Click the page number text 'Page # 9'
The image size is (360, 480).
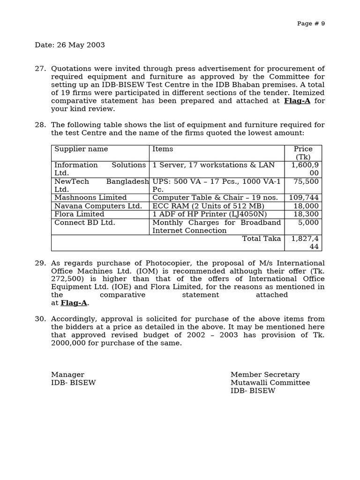coord(311,24)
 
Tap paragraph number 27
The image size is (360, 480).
coord(40,68)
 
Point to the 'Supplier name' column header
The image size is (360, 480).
coord(81,149)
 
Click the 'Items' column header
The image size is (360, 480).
coord(163,149)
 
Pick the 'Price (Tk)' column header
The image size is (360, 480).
coord(303,153)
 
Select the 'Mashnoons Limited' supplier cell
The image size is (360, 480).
coord(90,198)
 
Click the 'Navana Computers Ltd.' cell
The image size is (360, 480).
coord(98,206)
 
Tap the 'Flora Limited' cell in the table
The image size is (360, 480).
coord(79,214)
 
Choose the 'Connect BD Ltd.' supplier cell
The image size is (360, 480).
coord(84,223)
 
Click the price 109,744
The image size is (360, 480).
coord(303,198)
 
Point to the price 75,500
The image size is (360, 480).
coord(306,181)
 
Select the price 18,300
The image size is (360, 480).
coord(306,214)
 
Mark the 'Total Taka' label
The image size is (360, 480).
coord(261,239)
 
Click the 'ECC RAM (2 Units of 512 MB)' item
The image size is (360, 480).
coord(208,206)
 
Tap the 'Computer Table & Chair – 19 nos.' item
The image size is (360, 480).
coord(215,198)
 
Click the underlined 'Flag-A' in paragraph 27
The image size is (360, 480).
coord(297,101)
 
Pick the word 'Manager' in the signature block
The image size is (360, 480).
coord(67,375)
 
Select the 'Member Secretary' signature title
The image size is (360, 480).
coord(265,375)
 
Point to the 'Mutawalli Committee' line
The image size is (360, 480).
coord(270,382)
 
